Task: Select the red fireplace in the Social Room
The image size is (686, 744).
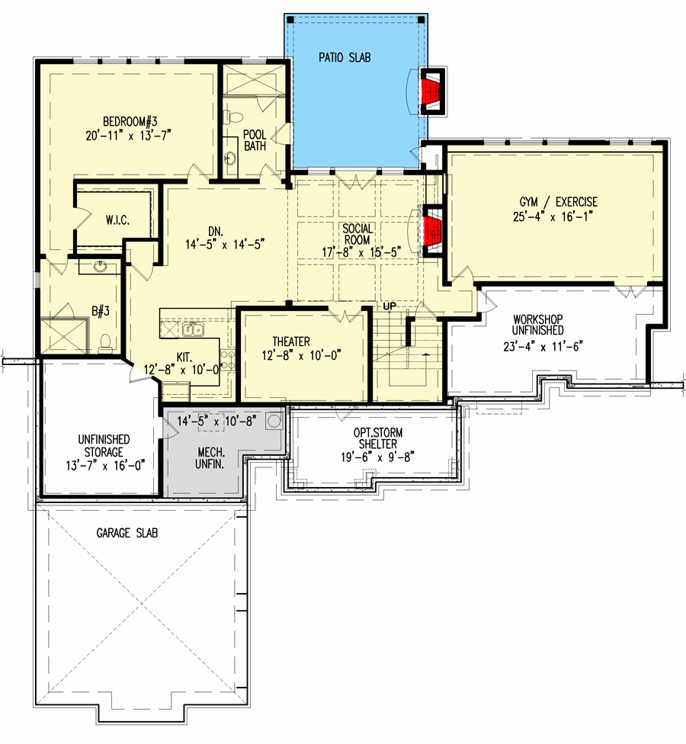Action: [x=432, y=229]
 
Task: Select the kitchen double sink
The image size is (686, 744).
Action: [x=193, y=329]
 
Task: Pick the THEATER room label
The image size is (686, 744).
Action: [x=290, y=342]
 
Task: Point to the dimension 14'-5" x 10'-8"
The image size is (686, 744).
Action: [x=206, y=420]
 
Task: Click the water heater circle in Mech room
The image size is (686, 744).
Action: [x=274, y=422]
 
